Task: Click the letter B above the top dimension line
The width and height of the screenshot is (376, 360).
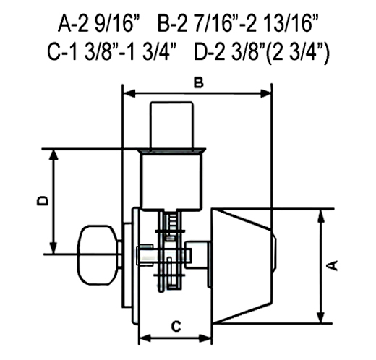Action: tap(199, 82)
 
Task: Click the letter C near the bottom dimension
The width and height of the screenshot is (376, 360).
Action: tap(176, 327)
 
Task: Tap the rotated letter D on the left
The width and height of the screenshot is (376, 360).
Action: tap(43, 201)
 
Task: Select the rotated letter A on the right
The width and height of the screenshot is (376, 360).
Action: tap(332, 265)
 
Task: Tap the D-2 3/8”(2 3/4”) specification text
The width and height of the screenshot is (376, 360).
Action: tap(262, 52)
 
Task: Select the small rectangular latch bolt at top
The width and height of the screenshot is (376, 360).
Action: tap(171, 127)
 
